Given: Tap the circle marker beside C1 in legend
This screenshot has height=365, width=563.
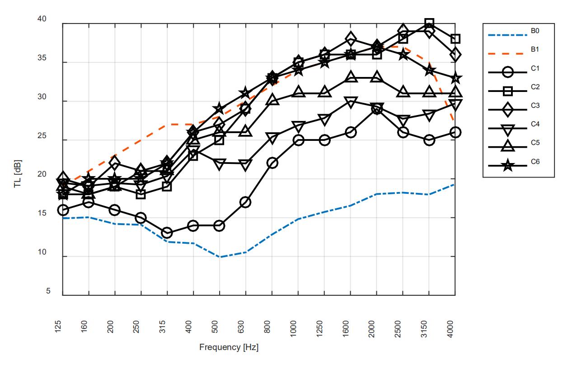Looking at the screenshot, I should pyautogui.click(x=508, y=73).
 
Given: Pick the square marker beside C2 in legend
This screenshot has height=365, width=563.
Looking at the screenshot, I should pyautogui.click(x=508, y=91).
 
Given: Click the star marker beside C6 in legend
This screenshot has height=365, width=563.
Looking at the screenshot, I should pyautogui.click(x=508, y=166).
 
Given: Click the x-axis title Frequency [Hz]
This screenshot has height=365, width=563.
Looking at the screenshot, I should pyautogui.click(x=229, y=347).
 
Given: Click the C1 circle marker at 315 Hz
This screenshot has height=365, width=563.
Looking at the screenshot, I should pyautogui.click(x=167, y=233).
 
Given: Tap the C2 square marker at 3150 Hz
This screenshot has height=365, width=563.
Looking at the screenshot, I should pyautogui.click(x=429, y=23).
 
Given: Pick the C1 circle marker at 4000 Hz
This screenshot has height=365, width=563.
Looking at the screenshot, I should pyautogui.click(x=455, y=132).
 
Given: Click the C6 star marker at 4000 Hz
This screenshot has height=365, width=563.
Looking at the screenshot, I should pyautogui.click(x=455, y=78).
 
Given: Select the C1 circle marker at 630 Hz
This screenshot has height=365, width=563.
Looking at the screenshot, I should pyautogui.click(x=246, y=202).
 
